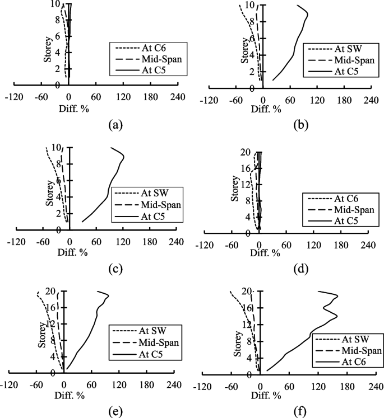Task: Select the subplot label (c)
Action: (114, 268)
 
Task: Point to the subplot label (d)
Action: (299, 268)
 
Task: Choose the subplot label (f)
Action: (302, 412)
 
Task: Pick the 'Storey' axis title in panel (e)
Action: (41, 335)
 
